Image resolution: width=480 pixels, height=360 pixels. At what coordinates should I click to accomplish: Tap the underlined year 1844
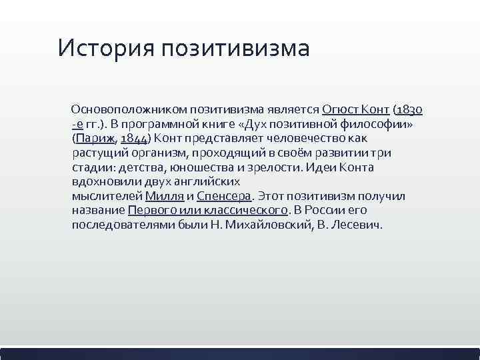[x=135, y=139]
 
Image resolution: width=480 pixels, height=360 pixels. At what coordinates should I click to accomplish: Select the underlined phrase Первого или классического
[x=208, y=211]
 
